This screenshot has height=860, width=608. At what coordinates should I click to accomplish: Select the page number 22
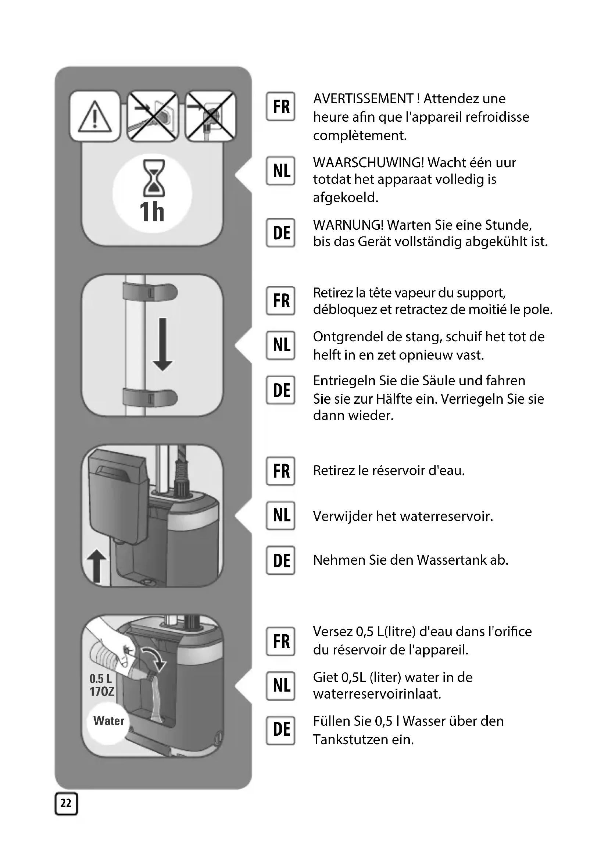(66, 803)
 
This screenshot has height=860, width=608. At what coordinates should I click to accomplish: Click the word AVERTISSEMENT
(363, 99)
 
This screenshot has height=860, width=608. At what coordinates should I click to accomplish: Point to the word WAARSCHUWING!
(368, 163)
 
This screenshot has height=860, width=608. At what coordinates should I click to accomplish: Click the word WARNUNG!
(348, 225)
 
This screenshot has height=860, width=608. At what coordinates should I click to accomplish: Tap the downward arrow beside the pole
(162, 345)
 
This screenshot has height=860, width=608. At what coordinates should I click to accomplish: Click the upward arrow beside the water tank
(97, 565)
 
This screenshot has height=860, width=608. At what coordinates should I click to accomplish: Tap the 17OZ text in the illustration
(102, 692)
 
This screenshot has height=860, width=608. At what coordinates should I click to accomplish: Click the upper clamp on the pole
(150, 292)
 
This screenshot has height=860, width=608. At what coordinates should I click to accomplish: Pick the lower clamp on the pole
(150, 398)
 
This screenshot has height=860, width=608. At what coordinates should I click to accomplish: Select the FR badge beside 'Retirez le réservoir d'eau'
(281, 471)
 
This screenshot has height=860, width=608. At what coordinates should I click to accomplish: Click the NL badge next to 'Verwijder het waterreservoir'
(281, 515)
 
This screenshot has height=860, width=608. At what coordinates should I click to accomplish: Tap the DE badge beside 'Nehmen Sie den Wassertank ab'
(281, 560)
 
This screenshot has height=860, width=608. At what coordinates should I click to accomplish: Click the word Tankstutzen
(350, 740)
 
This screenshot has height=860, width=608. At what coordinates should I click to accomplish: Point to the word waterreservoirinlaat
(377, 694)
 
